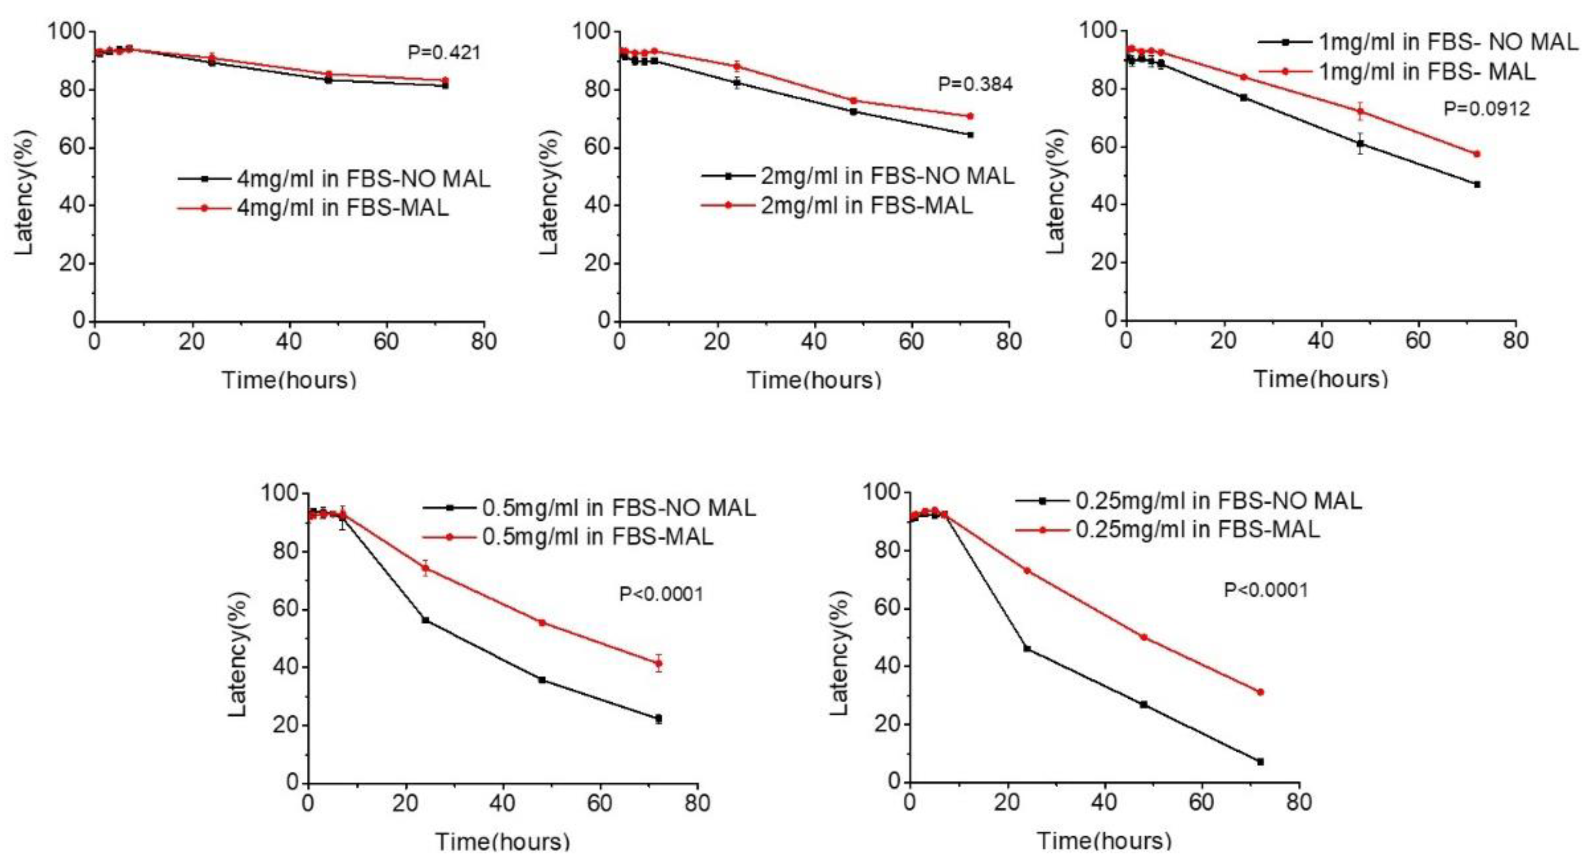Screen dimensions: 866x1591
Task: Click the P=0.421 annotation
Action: point(443,53)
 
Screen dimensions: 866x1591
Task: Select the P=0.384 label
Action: point(975,84)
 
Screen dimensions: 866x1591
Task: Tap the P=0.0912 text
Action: point(1486,109)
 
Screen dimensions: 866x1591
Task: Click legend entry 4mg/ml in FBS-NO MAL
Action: point(363,179)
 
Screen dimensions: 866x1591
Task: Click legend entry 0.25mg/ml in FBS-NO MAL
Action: point(1218,501)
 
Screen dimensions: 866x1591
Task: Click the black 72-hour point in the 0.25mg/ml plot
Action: point(1260,761)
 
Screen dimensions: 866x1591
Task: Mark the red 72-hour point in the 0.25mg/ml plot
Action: point(1260,692)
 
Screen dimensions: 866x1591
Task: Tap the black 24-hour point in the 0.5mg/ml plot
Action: point(425,619)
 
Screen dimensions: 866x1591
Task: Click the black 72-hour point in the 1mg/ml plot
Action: point(1477,184)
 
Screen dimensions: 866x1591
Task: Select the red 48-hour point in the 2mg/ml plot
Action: point(853,100)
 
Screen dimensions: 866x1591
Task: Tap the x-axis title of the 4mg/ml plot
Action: point(289,379)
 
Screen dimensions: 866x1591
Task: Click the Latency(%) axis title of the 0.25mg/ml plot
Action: point(839,653)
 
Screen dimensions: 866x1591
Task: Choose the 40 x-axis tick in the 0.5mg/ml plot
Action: point(503,803)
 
